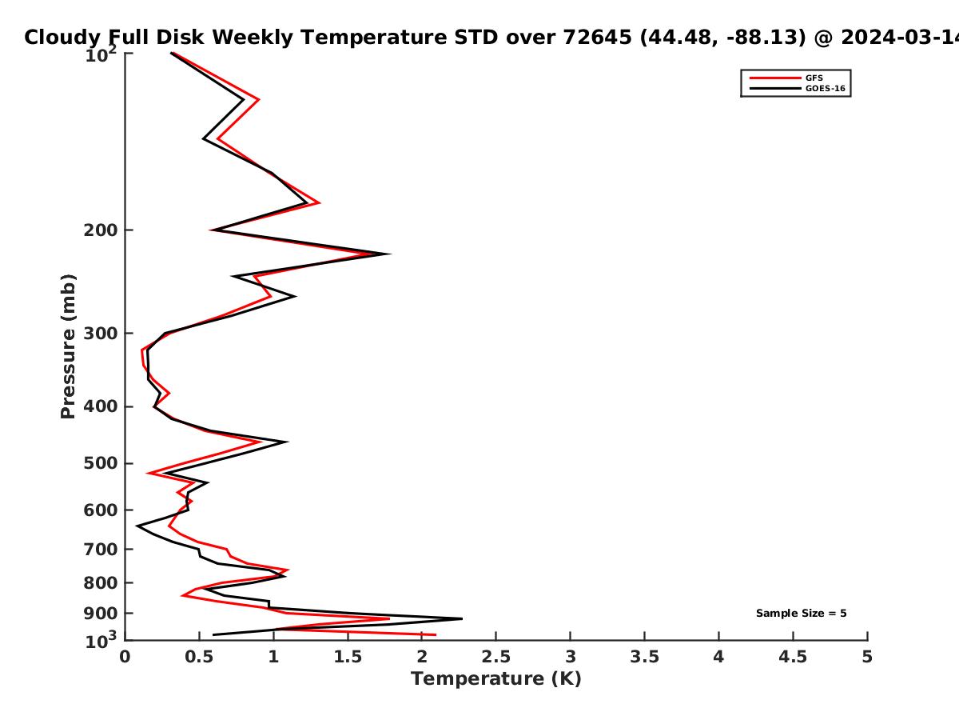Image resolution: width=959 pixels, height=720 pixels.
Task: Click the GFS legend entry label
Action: tap(814, 78)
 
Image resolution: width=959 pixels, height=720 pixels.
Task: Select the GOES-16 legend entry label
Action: tap(826, 89)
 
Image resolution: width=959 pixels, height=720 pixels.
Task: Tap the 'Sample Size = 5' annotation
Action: tap(802, 614)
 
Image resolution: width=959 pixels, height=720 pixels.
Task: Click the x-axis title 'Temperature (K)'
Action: tap(496, 679)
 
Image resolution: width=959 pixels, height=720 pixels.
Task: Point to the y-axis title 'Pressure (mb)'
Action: tap(68, 346)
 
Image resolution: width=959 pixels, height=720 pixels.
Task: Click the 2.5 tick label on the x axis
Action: tap(496, 657)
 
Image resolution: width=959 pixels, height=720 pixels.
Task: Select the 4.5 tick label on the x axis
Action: tap(793, 657)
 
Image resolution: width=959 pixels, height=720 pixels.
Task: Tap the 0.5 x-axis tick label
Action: tap(199, 657)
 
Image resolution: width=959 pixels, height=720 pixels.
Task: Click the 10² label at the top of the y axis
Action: tap(101, 54)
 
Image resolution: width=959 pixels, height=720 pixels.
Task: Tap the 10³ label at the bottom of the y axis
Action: tap(101, 640)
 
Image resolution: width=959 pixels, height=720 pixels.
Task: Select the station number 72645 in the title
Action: tap(597, 37)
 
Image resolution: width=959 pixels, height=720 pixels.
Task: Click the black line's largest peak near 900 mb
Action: tap(462, 618)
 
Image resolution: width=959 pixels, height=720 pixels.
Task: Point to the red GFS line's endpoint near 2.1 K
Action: tap(436, 634)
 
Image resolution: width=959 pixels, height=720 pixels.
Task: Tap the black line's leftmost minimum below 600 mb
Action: tap(137, 526)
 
